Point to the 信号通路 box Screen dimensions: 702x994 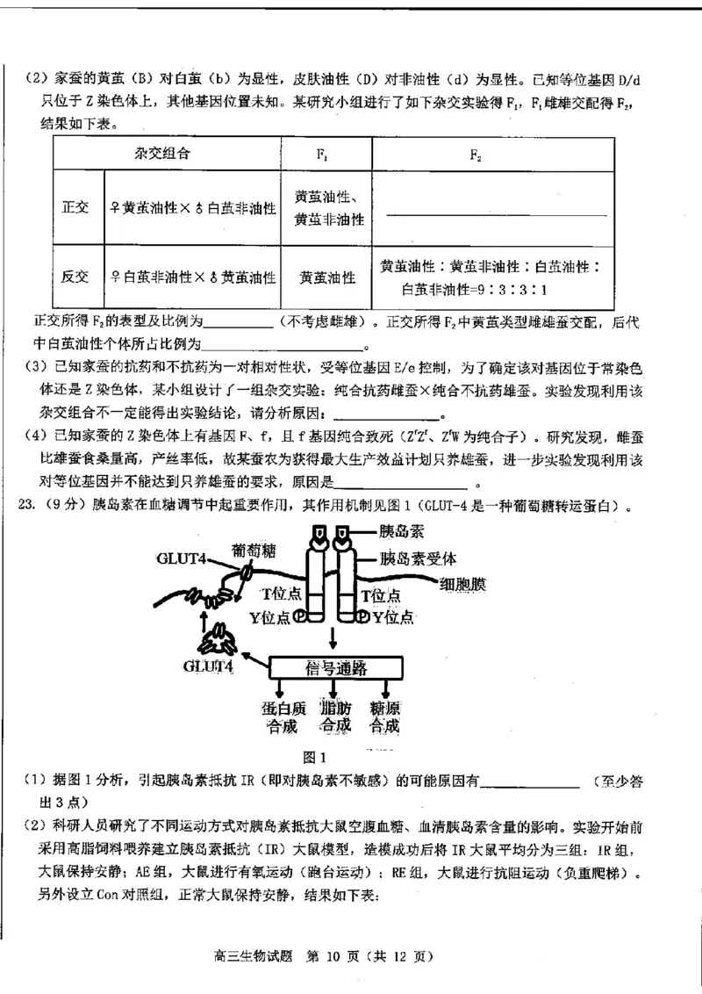coord(335,667)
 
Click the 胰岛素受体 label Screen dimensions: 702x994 coord(418,558)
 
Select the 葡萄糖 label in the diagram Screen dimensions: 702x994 coord(254,551)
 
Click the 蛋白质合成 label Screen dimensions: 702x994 coord(280,717)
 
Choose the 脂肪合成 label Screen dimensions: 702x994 coord(335,717)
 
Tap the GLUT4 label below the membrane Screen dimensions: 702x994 coord(208,666)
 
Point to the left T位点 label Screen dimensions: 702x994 coord(281,595)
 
